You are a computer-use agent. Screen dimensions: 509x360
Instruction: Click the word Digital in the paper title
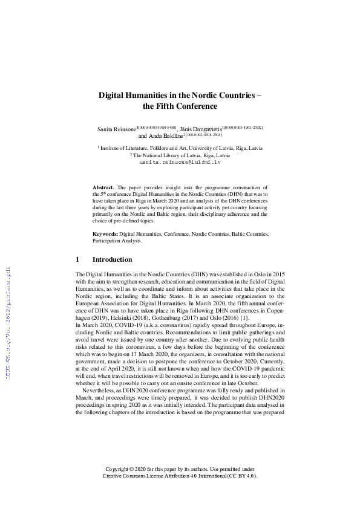(113, 95)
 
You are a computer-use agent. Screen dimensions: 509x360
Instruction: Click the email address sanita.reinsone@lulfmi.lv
(180, 163)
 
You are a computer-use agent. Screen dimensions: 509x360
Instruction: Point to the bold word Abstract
(104, 189)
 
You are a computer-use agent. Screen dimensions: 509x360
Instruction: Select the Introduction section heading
(112, 260)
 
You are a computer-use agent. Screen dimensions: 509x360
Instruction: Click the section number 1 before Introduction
(77, 260)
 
